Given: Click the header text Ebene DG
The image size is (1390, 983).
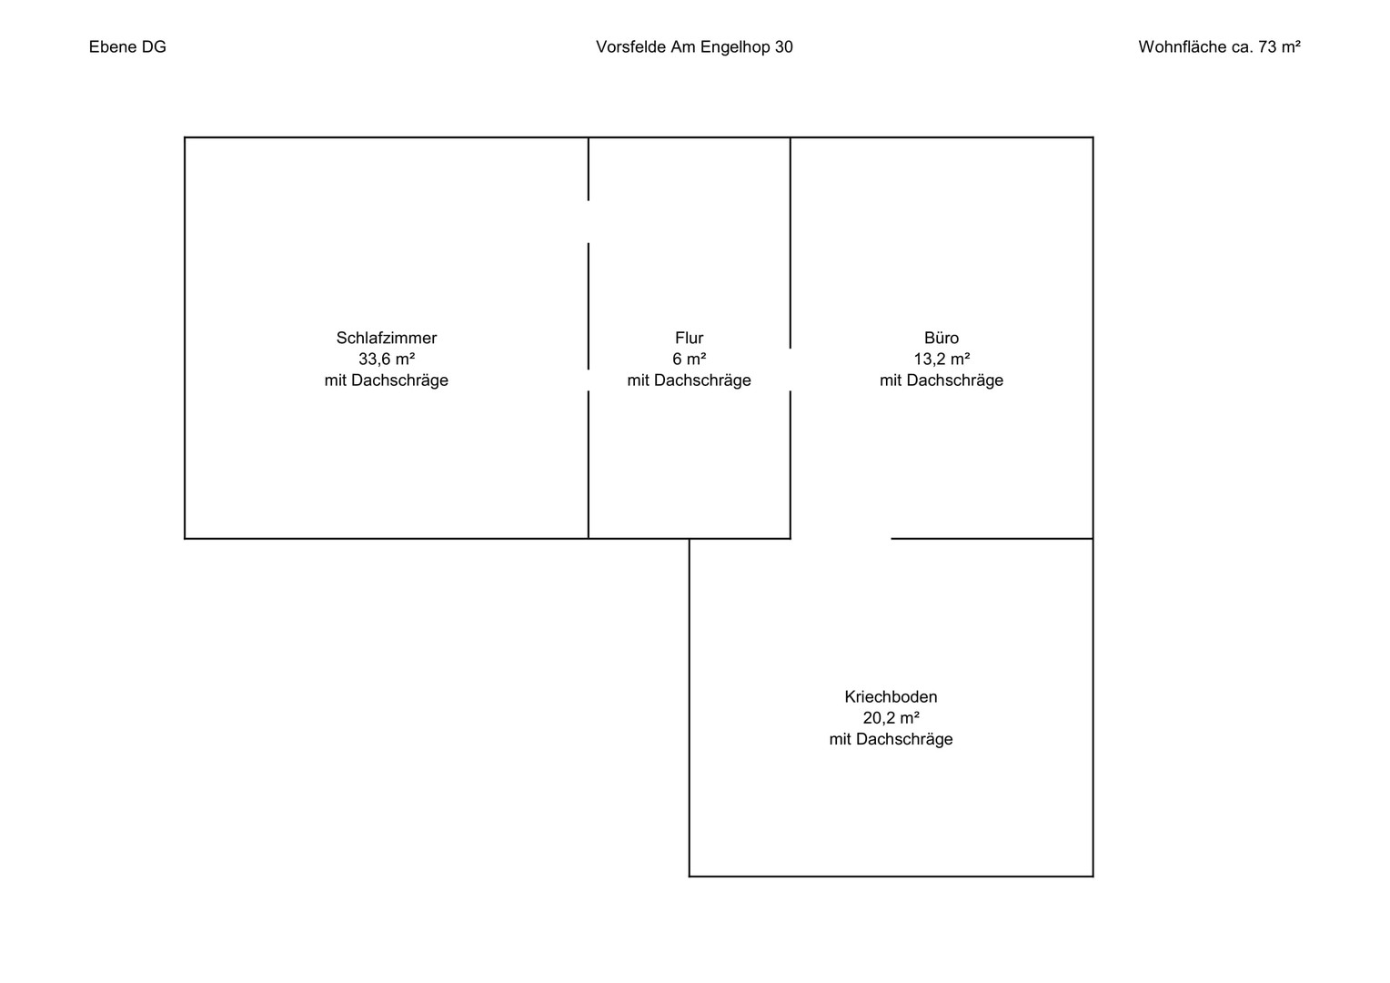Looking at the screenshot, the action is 127,47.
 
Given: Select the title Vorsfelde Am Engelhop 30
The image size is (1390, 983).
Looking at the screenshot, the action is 694,47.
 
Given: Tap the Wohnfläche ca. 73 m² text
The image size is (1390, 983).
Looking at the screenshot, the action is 1219,47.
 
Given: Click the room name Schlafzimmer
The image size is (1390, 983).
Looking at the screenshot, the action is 387,338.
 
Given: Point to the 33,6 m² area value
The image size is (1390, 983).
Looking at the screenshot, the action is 387,359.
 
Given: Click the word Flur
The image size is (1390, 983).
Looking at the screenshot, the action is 690,338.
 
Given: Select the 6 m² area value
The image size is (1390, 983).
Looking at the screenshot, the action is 690,359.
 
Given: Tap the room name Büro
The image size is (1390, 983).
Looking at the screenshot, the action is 942,338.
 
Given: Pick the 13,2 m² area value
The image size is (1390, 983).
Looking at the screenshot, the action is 942,359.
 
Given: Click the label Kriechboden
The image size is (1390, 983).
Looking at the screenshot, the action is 891,696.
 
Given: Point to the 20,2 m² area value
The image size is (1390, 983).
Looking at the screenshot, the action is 891,718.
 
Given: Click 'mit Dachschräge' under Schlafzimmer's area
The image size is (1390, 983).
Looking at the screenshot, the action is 387,380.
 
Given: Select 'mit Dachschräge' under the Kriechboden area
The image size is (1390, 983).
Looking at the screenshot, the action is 891,739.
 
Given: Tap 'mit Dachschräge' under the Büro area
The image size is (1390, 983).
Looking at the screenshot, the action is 942,380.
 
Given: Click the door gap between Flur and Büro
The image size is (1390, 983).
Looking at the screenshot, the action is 790,370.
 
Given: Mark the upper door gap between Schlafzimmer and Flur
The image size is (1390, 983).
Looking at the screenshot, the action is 589,222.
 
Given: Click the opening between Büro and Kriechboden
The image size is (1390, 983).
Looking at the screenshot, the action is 841,539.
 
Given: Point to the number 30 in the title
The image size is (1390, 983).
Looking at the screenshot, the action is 784,47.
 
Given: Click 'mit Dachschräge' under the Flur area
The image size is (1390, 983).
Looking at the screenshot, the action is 690,380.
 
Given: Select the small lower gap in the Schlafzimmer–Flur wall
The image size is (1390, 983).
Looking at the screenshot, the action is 589,380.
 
